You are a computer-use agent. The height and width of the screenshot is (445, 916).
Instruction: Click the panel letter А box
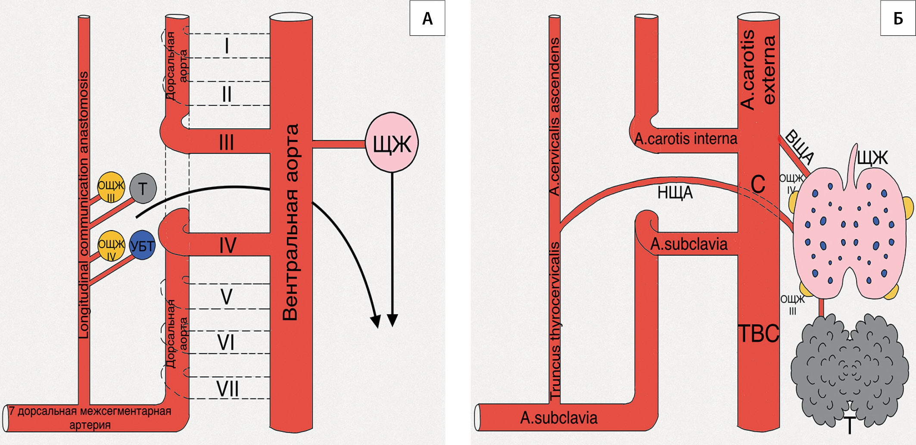point(427,18)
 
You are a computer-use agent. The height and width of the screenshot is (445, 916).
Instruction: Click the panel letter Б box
point(898,18)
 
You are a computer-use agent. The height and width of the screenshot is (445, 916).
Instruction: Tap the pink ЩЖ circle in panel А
point(392,143)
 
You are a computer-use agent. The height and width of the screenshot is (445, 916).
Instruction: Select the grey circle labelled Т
point(143,188)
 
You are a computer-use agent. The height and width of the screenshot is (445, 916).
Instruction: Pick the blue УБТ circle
point(142,246)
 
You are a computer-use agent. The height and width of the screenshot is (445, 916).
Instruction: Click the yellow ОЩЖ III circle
point(111,187)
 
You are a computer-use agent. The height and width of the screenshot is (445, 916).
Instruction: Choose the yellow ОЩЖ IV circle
point(111,246)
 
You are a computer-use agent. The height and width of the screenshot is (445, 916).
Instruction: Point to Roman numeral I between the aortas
point(227,46)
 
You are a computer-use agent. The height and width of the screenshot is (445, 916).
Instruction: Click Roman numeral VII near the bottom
point(227,389)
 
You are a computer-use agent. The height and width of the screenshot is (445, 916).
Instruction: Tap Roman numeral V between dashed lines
point(226,297)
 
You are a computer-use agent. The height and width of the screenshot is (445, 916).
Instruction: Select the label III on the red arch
point(227,143)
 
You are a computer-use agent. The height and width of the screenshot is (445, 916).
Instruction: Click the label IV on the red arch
point(227,246)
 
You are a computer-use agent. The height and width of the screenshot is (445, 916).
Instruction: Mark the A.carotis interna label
point(686,139)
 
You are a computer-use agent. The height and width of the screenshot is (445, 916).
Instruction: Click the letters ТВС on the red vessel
point(759,333)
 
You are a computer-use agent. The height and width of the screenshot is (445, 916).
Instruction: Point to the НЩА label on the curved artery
point(675,193)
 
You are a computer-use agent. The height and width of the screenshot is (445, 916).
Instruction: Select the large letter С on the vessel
point(758,184)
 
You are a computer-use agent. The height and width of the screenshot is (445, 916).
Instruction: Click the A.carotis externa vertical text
point(758,69)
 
